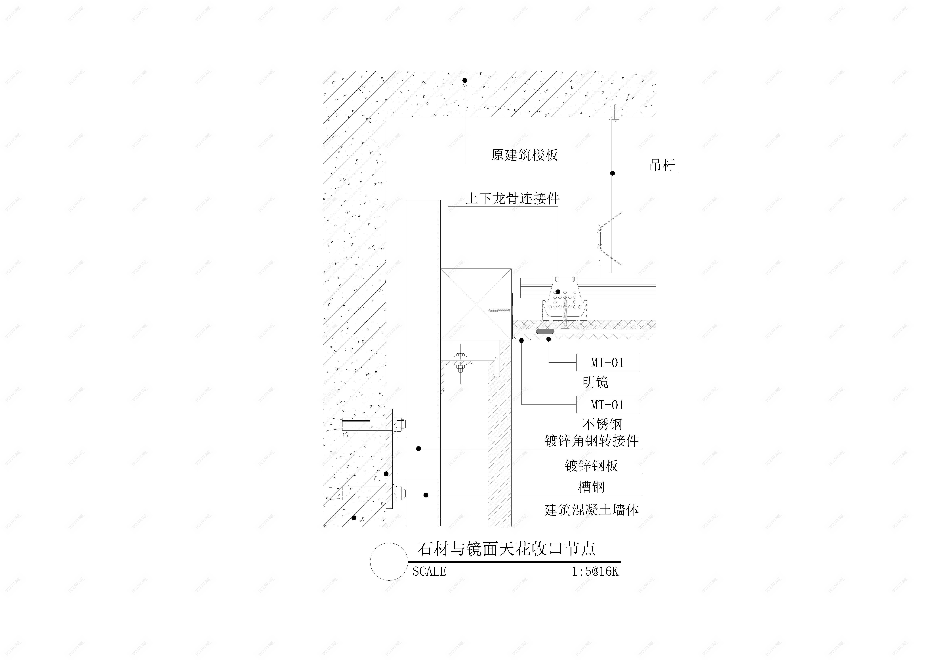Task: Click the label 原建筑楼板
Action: click(524, 155)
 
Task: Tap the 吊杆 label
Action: click(662, 165)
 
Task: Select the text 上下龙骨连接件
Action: click(513, 199)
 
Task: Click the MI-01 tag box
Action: click(607, 363)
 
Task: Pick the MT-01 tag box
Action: click(607, 405)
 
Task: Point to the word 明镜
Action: click(595, 382)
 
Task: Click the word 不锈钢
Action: click(602, 424)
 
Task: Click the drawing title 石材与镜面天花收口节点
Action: click(506, 549)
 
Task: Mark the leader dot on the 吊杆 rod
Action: click(612, 173)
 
